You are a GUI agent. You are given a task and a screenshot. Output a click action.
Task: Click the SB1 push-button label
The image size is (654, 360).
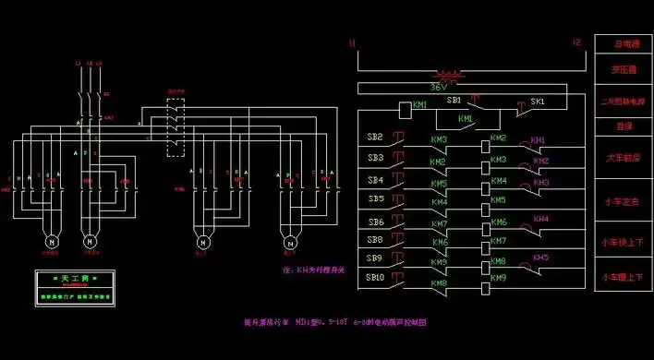(454, 100)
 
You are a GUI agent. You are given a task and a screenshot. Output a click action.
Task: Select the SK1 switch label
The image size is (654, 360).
(538, 101)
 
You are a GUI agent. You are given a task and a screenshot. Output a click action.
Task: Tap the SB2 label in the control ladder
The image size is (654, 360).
(374, 138)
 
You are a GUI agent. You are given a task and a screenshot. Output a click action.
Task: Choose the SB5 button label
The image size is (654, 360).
(375, 198)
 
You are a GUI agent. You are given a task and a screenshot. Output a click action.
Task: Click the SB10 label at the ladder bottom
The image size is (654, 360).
(375, 276)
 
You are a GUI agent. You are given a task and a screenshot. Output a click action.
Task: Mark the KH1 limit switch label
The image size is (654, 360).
(539, 139)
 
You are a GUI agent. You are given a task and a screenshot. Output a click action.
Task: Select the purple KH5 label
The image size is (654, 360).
(540, 258)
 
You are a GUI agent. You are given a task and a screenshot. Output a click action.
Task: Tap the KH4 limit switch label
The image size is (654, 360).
(540, 219)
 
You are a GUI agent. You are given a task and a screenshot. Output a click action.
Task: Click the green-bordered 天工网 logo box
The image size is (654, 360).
(74, 288)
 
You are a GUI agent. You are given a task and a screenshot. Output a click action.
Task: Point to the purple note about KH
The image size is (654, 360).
(312, 270)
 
